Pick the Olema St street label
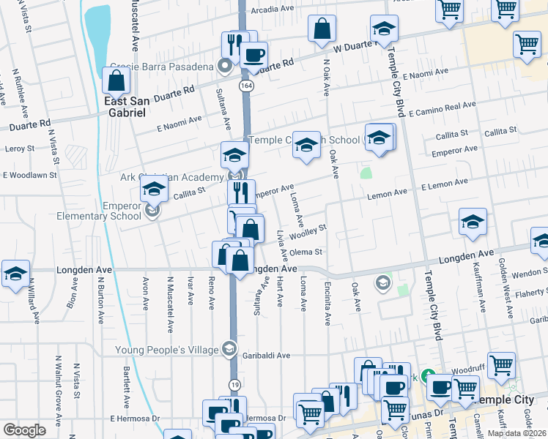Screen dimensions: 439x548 (x=306, y=252)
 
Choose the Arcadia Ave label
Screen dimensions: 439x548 (x=272, y=10)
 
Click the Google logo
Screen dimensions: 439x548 (x=24, y=430)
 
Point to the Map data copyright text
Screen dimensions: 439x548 (x=516, y=433)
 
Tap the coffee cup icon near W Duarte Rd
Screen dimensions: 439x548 (x=254, y=55)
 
